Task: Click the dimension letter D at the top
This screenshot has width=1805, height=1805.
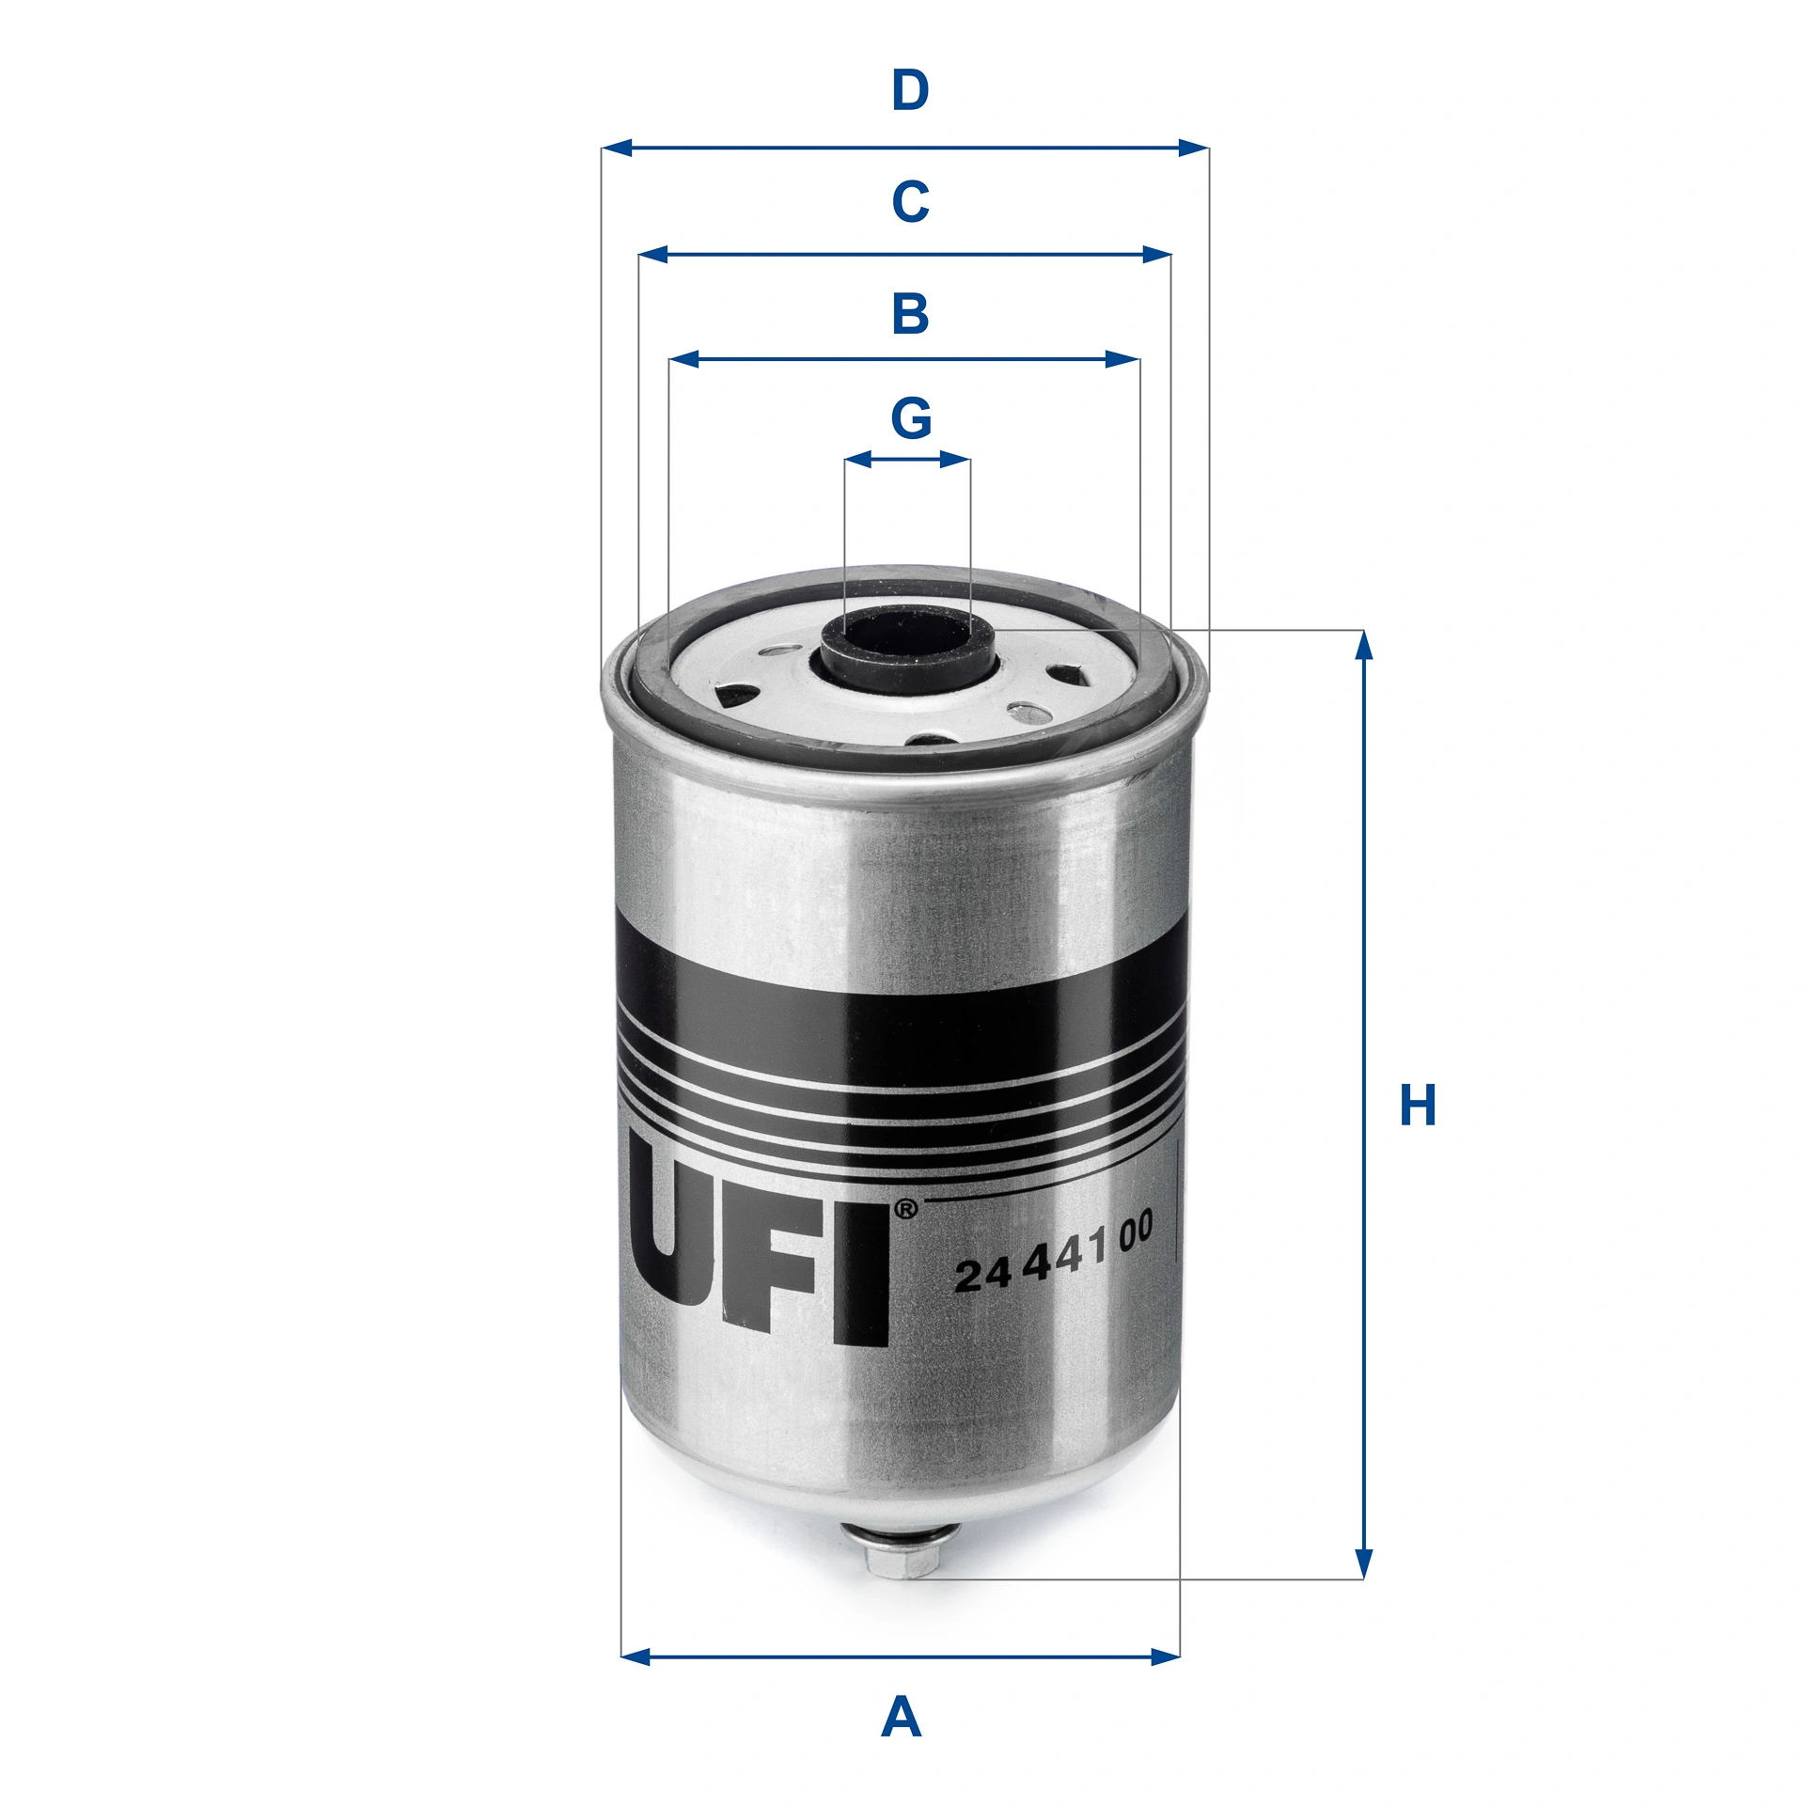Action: [x=909, y=91]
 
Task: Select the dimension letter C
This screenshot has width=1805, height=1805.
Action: [x=909, y=202]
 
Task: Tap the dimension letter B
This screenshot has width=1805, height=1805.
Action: [x=909, y=314]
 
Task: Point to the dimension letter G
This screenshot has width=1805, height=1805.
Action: [x=910, y=418]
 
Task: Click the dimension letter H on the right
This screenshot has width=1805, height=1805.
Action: [x=1418, y=1106]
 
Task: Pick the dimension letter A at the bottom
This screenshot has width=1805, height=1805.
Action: [x=901, y=1718]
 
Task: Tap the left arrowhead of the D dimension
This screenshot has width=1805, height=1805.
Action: [x=616, y=148]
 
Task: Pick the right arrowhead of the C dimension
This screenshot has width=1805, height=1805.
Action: [x=1157, y=254]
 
